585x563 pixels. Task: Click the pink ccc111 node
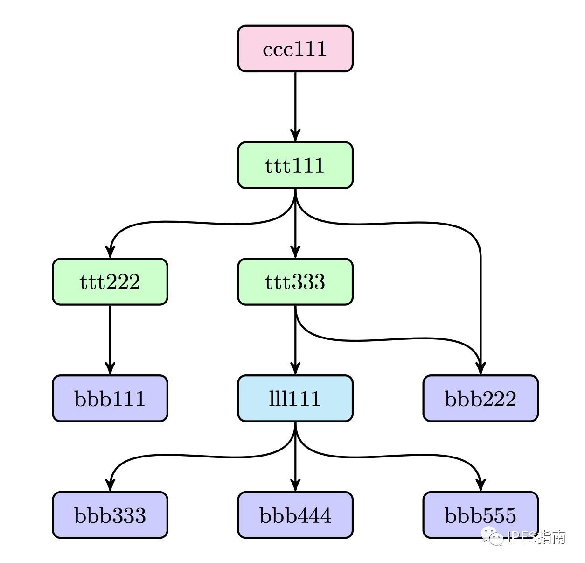tap(295, 49)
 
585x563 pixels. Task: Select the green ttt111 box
tap(295, 165)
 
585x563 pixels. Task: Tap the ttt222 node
tap(110, 281)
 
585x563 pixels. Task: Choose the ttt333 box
tap(295, 281)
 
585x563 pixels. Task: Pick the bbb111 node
tap(110, 398)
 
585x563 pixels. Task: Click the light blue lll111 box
tap(295, 398)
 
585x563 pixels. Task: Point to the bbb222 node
tap(480, 398)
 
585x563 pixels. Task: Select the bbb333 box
tap(110, 515)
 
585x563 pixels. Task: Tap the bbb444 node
tap(295, 515)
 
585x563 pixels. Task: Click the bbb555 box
tap(480, 515)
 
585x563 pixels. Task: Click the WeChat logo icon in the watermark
tap(493, 537)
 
